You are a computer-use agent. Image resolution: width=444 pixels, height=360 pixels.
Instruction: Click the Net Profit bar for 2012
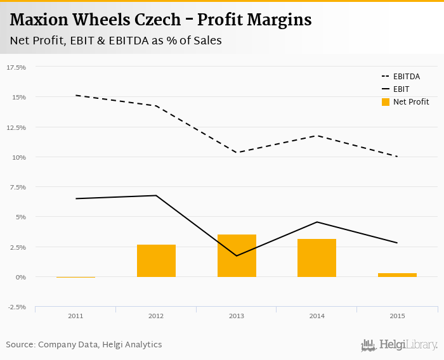156,260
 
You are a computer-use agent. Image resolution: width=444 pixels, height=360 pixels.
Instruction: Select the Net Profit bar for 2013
237,255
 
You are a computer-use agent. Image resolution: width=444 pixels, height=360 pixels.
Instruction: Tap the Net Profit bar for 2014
317,258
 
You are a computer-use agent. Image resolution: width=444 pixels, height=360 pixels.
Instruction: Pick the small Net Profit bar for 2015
397,274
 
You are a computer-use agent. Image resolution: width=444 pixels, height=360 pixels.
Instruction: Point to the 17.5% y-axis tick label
16,67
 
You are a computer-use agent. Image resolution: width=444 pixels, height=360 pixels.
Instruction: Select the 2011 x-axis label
75,316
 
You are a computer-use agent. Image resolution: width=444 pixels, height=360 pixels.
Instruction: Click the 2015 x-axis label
397,316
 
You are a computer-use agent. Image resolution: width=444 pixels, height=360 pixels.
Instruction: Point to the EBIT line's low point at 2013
237,255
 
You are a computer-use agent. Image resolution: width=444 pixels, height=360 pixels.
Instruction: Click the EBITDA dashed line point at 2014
317,136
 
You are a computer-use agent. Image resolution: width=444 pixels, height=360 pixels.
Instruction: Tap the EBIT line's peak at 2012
156,195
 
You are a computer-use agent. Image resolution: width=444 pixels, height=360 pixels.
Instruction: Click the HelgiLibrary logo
400,345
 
